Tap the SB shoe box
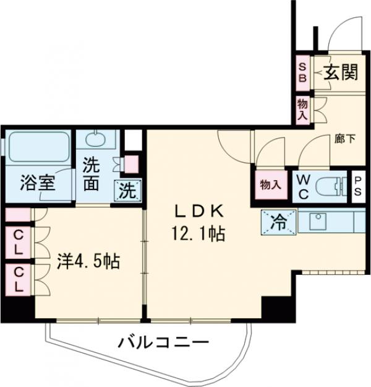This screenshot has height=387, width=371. [x=303, y=73]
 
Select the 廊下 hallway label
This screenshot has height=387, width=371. [x=345, y=139]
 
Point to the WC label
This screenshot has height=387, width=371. [x=304, y=185]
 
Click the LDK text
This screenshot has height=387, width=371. [x=199, y=211]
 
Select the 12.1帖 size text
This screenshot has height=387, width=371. [x=199, y=235]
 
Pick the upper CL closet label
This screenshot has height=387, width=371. [x=18, y=243]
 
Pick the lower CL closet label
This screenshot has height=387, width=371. [x=18, y=280]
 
